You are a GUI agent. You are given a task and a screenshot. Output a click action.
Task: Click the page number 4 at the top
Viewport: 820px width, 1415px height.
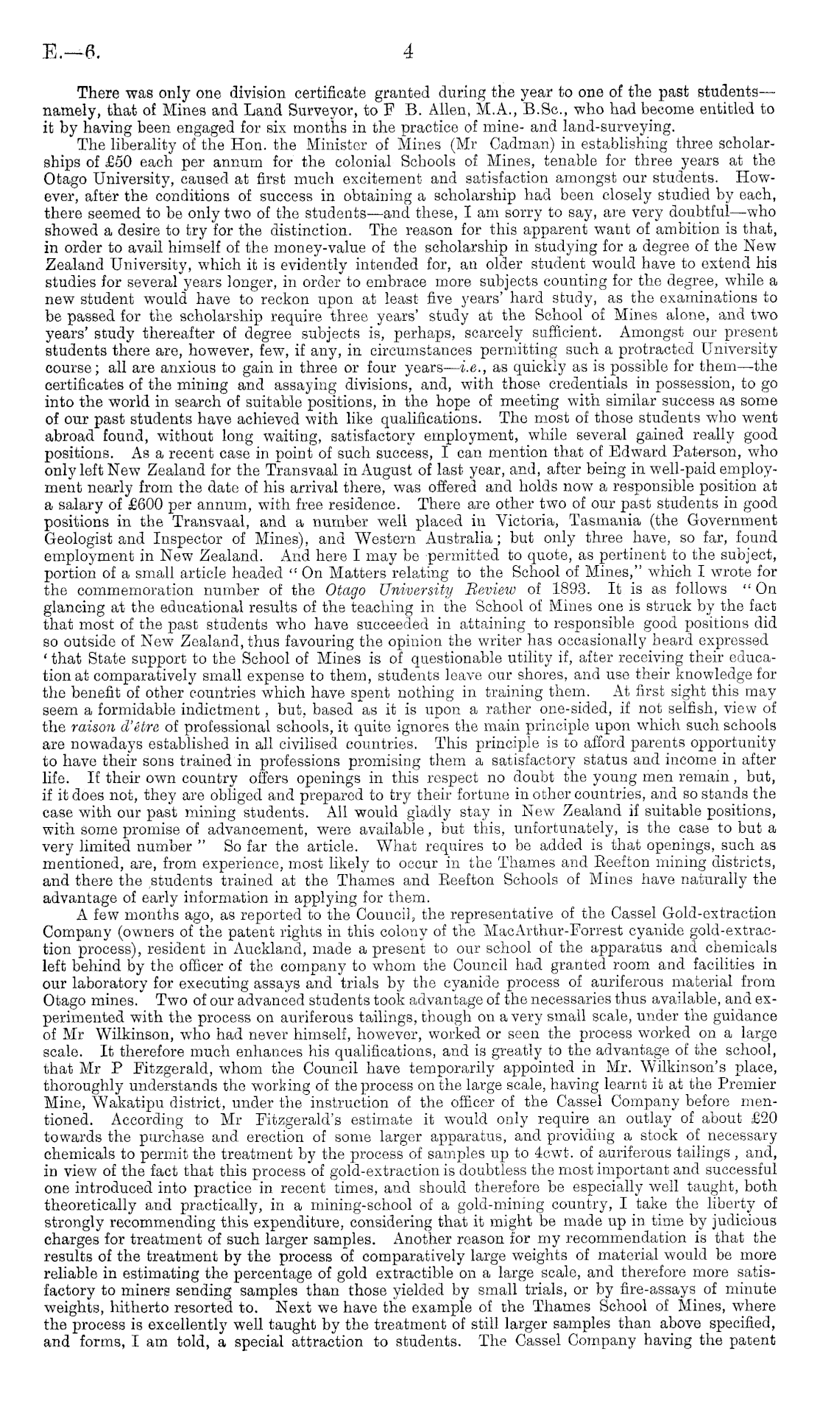click(x=409, y=52)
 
